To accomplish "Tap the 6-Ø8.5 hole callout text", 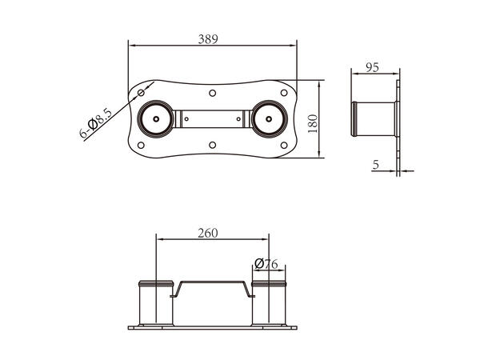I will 93,127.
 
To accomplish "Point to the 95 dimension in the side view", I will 371,67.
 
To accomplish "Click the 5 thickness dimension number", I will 376,165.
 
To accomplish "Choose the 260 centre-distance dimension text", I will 207,234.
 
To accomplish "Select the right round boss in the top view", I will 267,119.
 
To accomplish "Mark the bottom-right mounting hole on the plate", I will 282,145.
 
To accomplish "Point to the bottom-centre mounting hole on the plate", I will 211,145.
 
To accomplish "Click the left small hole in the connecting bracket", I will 186,119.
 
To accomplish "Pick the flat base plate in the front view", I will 212,326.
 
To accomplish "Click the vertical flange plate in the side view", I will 397,119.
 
